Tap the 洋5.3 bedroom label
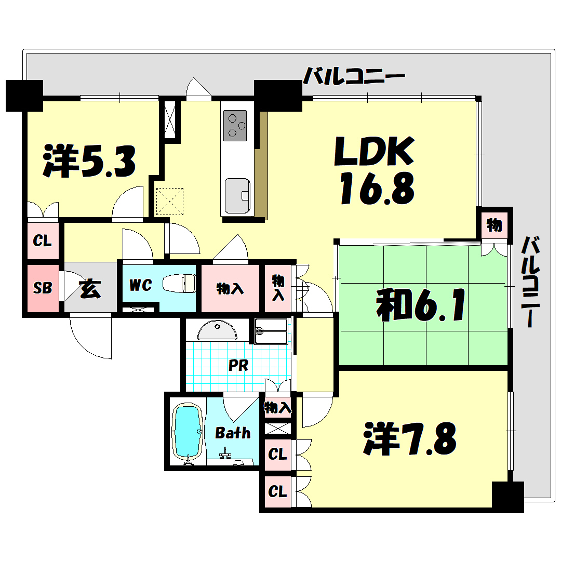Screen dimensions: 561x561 click(x=90, y=162)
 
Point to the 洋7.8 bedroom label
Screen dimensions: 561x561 click(x=410, y=438)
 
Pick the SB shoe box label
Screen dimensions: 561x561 click(x=43, y=288)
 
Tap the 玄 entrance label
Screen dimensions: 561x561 click(x=90, y=289)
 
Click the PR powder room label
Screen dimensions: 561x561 click(x=238, y=365)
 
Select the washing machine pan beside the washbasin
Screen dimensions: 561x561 click(x=271, y=330)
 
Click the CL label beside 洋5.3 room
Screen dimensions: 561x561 click(x=43, y=241)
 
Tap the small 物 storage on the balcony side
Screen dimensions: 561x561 click(x=494, y=225)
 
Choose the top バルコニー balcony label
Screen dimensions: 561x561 click(x=354, y=77)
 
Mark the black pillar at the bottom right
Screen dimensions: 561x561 click(x=507, y=497)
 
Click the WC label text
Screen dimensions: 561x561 click(x=140, y=285)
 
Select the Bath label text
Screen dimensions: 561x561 click(x=233, y=433)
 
